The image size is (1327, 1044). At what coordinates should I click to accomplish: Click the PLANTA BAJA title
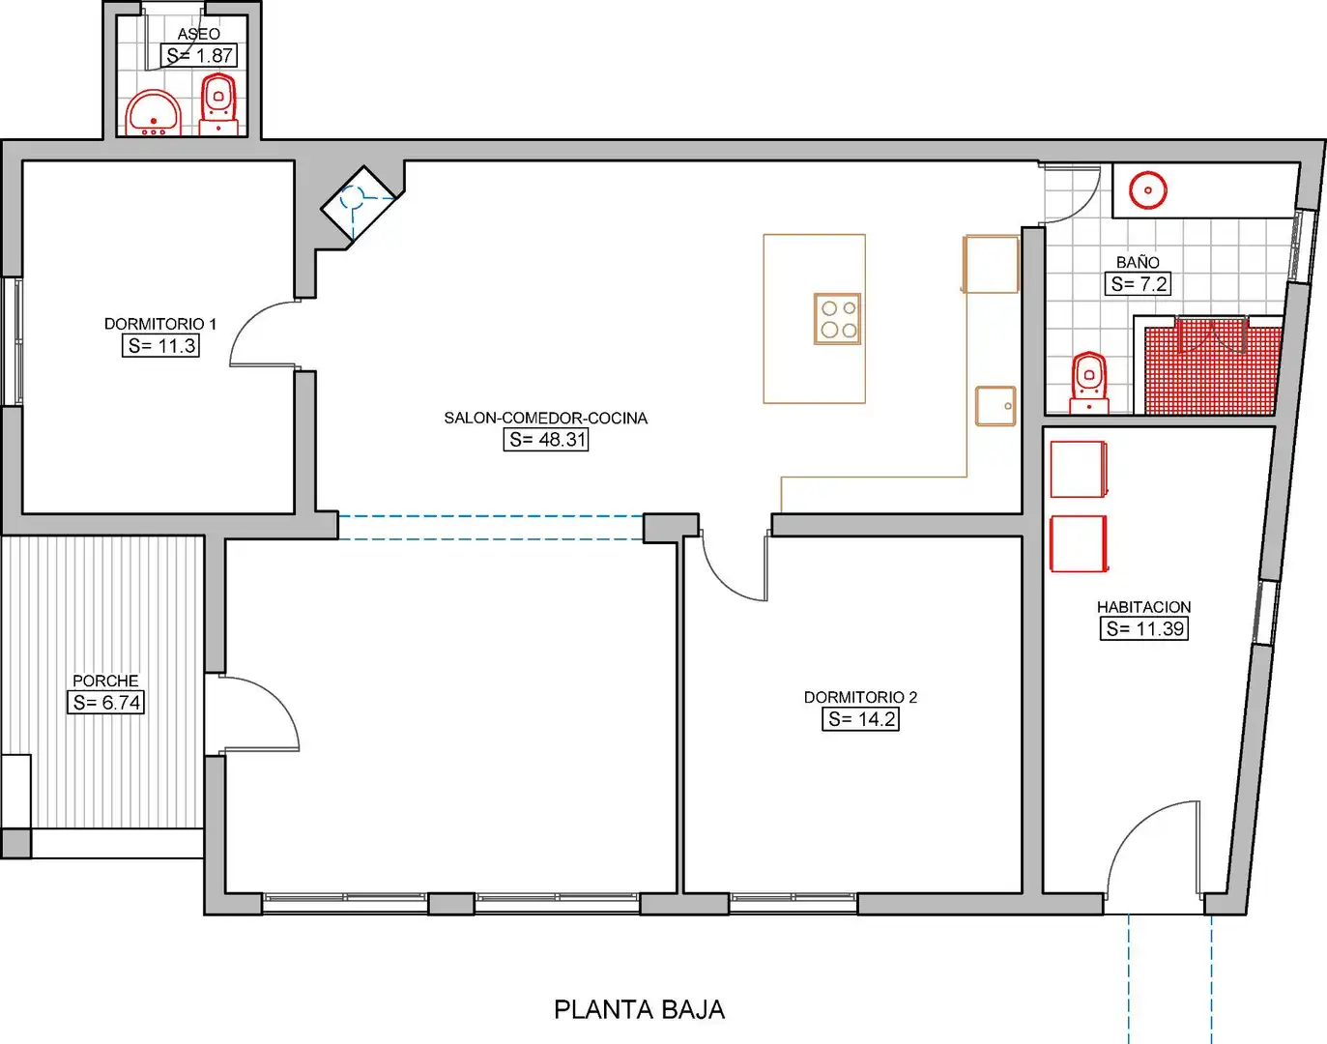pos(640,1010)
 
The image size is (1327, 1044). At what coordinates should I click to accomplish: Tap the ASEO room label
pos(198,34)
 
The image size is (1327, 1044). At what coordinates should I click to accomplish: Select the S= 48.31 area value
pos(546,440)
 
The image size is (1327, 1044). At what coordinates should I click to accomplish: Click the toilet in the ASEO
pos(218,103)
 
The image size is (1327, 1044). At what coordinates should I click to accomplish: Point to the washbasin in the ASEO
pos(154,113)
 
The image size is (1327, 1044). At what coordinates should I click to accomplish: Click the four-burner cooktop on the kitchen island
pos(837,319)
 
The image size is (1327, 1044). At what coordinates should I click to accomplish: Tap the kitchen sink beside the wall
pos(995,406)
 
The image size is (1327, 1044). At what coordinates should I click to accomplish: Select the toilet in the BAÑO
pos(1089,383)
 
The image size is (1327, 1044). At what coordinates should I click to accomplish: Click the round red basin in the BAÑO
pos(1148,189)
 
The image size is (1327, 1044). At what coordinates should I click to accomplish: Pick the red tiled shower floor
pos(1209,370)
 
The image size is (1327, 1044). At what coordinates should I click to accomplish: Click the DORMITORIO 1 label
pos(160,324)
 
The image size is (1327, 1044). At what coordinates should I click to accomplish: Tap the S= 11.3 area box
pos(161,346)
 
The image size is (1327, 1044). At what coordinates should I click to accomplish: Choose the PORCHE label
pos(105,681)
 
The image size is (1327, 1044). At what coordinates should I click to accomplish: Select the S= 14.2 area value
pos(861,719)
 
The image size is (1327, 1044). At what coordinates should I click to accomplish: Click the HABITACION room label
pos(1144,607)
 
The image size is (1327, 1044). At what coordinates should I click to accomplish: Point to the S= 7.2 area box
pos(1138,284)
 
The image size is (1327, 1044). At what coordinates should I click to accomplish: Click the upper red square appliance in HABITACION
pos(1079,469)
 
